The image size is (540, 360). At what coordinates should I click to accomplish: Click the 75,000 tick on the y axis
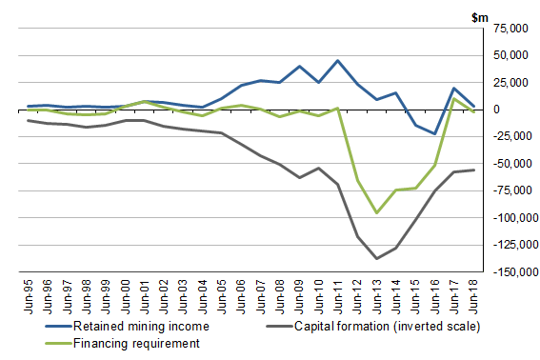pyautogui.click(x=511, y=29)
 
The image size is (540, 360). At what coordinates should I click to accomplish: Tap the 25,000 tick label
pyautogui.click(x=511, y=83)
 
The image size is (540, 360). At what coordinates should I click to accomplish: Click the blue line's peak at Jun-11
pyautogui.click(x=338, y=61)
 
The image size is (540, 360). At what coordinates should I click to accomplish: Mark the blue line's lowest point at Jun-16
pyautogui.click(x=435, y=134)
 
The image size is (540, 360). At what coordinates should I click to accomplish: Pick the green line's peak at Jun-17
pyautogui.click(x=454, y=99)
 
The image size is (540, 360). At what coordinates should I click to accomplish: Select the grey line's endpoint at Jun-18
pyautogui.click(x=473, y=170)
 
